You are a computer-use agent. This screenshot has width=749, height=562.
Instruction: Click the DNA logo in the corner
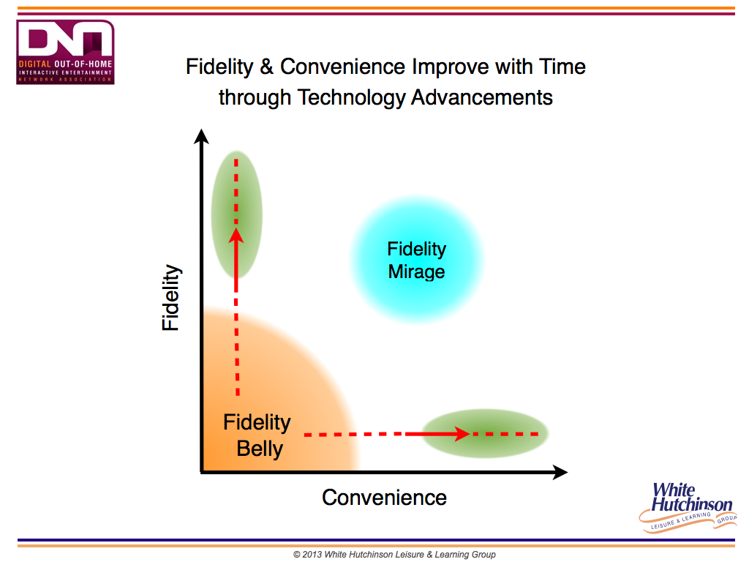(x=65, y=52)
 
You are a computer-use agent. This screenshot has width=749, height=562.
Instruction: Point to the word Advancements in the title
(x=482, y=97)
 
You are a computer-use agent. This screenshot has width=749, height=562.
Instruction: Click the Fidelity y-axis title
(x=170, y=297)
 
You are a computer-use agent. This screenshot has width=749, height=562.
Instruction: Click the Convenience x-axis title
(x=384, y=498)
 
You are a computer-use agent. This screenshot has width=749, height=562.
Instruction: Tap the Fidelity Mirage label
(x=416, y=260)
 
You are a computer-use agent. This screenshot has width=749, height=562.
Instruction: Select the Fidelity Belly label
(x=257, y=435)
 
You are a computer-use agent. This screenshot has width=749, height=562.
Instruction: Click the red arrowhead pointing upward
(x=236, y=236)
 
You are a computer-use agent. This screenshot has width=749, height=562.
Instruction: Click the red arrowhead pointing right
(x=462, y=434)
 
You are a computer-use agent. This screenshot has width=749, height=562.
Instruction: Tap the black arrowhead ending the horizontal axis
(x=560, y=472)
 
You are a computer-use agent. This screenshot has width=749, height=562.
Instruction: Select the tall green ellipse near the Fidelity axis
(x=236, y=214)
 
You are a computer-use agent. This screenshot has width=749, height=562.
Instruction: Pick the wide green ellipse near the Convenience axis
(x=485, y=433)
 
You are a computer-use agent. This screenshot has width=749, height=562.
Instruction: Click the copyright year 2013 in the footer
(x=312, y=555)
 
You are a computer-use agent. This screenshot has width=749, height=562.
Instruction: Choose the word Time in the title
(x=562, y=67)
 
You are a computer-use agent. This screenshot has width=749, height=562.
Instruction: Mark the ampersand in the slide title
(x=266, y=67)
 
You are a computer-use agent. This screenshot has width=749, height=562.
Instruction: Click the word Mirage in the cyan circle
(x=416, y=272)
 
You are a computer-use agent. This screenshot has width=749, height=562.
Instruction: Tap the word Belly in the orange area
(x=260, y=449)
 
